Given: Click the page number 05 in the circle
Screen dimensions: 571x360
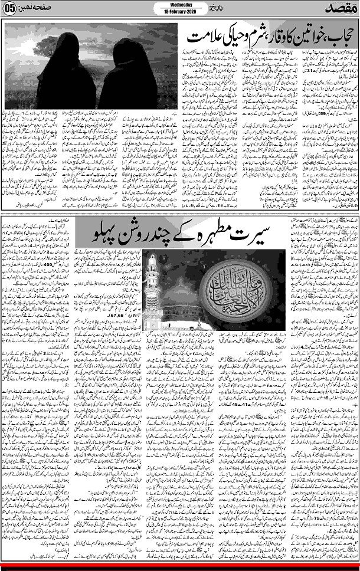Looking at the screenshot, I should (9, 9).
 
